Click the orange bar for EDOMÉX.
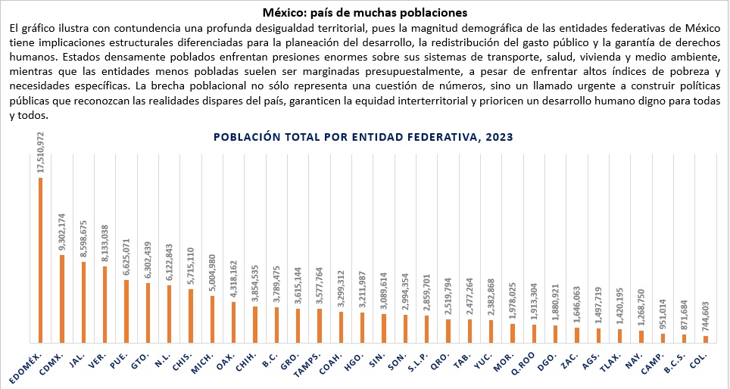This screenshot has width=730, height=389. [x=40, y=260]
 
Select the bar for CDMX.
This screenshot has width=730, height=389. [x=61, y=298]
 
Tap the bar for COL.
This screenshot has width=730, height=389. [x=706, y=339]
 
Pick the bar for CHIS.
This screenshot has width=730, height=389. [x=190, y=316]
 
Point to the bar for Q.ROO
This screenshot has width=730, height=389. [x=534, y=333]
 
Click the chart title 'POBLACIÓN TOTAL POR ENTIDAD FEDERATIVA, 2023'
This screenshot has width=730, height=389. [x=363, y=137]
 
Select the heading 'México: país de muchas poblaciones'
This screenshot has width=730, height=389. [x=365, y=13]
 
